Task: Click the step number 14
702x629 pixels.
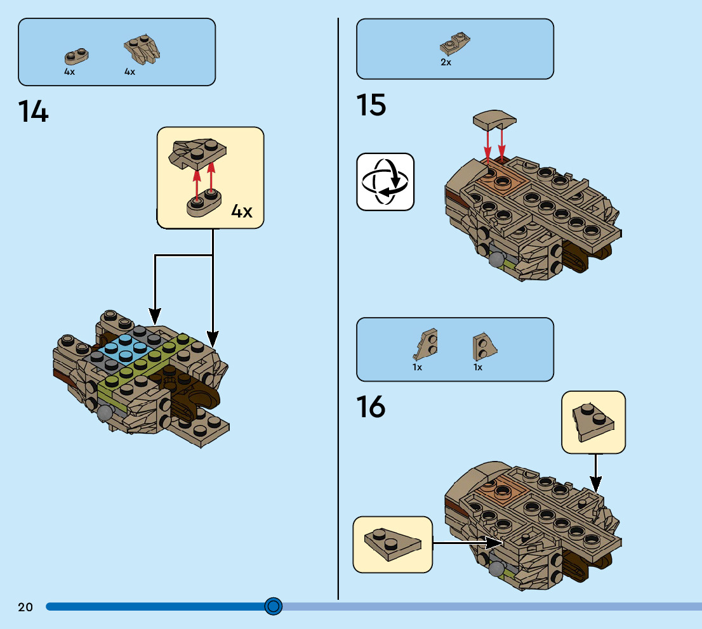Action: click(33, 112)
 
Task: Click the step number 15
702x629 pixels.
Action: click(371, 105)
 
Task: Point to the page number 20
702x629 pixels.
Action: click(25, 607)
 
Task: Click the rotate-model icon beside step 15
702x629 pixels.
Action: click(385, 181)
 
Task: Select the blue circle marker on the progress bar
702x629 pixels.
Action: click(273, 606)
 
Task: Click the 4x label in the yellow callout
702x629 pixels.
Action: click(241, 211)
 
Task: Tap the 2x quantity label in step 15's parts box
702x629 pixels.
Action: click(446, 62)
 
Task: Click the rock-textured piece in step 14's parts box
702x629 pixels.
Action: click(140, 49)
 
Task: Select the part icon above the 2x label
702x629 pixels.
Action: click(454, 44)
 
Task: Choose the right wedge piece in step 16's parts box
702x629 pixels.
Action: click(484, 346)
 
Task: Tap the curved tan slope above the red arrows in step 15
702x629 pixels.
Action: click(494, 118)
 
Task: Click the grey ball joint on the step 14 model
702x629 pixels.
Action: click(105, 412)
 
